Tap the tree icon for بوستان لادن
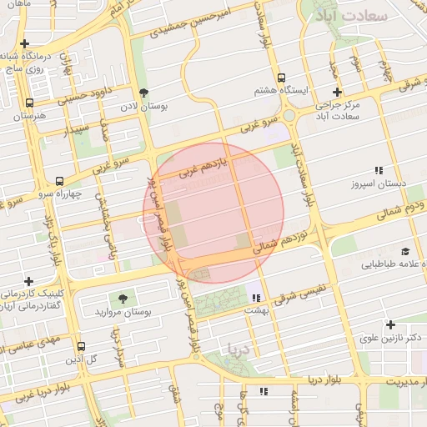pos(144,93)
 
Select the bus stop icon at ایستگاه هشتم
pos(282,75)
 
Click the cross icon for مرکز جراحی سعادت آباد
pos(337,93)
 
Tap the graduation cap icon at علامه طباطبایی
pos(405,251)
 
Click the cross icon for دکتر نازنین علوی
pos(390,324)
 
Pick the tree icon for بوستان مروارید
pos(123,298)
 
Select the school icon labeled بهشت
pos(256,297)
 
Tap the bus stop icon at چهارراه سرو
pos(59,181)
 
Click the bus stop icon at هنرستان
pos(30,103)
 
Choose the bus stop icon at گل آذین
pos(81,346)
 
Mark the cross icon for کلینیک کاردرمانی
pos(29,281)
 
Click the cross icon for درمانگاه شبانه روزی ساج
pos(25,43)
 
